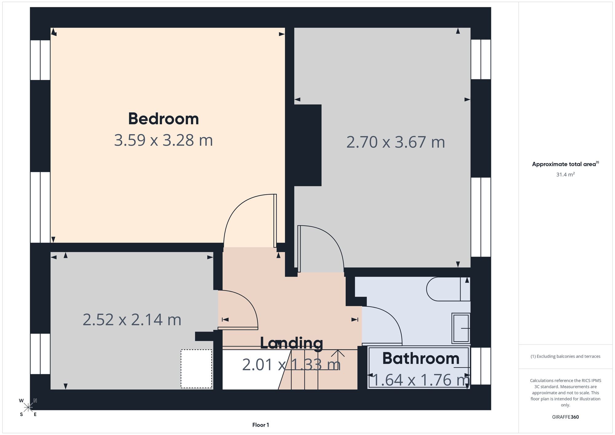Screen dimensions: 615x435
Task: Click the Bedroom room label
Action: pos(163,119)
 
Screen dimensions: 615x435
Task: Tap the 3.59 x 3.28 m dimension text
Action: pos(163,140)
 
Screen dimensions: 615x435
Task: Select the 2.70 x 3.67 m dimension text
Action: pos(395,142)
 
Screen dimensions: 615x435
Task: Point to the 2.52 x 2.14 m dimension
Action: pos(132,320)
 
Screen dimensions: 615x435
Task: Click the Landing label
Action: pos(292,343)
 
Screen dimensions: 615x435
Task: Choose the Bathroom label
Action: pos(421,358)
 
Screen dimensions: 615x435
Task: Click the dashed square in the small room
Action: pos(196,369)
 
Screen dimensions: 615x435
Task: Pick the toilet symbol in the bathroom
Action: pos(448,289)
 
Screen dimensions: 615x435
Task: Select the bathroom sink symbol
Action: pos(461,328)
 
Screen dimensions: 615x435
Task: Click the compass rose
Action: pos(28,407)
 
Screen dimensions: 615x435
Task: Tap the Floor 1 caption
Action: pos(260,425)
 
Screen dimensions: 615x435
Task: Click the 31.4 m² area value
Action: pos(565,174)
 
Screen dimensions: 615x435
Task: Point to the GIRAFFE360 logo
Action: pos(565,417)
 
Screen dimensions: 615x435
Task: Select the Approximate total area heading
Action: pos(565,164)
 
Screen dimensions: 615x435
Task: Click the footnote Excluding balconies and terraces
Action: pos(565,356)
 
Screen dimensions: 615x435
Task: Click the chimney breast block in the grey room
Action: pos(308,145)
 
